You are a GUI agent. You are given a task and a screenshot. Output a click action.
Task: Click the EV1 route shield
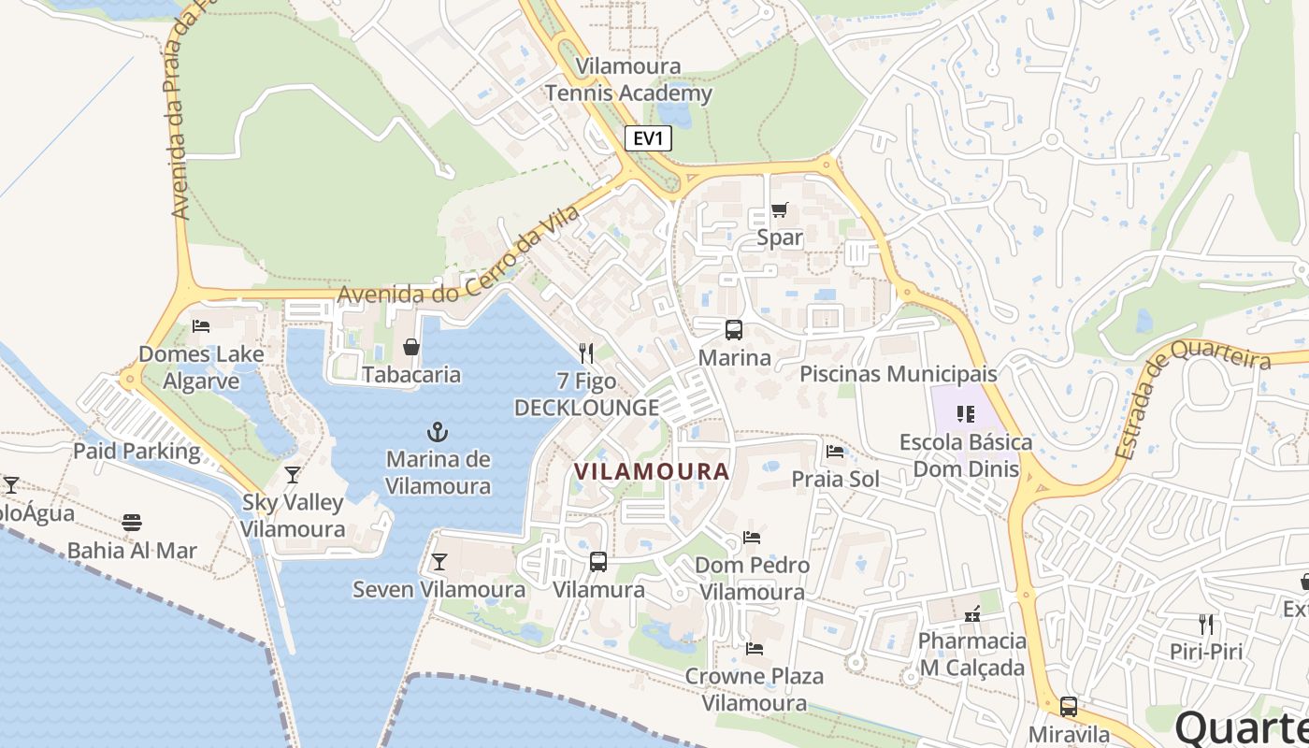(648, 139)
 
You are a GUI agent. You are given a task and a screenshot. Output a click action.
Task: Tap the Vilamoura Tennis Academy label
(628, 80)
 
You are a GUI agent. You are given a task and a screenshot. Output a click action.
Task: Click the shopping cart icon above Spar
(779, 210)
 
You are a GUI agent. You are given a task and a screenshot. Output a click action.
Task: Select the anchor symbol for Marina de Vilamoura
(437, 432)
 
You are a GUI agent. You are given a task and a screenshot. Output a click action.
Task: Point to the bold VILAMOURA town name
(652, 471)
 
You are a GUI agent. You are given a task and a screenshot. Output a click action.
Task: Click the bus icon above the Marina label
(734, 330)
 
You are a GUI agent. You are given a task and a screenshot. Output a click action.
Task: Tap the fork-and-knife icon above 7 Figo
(586, 352)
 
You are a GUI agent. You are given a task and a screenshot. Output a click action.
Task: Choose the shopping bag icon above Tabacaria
(410, 348)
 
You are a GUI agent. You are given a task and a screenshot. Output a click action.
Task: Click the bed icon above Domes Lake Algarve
(201, 326)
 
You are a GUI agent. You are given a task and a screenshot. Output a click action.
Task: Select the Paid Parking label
(137, 452)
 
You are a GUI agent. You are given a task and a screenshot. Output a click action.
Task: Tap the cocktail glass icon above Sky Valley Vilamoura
(293, 475)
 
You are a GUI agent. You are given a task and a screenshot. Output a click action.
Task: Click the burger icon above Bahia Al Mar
(132, 522)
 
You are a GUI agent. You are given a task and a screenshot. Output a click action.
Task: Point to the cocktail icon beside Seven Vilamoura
(439, 562)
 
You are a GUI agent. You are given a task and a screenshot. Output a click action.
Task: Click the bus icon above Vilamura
(598, 562)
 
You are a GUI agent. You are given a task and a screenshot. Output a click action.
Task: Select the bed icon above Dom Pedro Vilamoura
(752, 538)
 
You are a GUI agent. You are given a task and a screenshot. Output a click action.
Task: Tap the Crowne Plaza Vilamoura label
(754, 689)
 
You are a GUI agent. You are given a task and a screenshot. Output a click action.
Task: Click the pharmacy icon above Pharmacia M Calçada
(972, 614)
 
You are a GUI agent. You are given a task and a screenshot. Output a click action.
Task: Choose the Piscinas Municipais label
(898, 374)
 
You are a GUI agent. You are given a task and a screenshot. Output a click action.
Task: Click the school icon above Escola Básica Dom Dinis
(966, 414)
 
